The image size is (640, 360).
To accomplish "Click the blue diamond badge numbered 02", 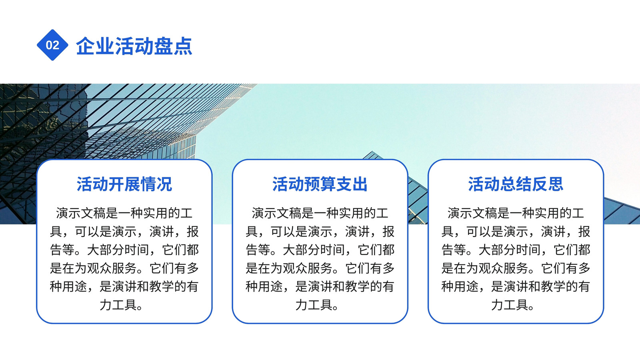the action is pyautogui.click(x=52, y=45).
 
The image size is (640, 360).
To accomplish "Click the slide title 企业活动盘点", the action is pyautogui.click(x=134, y=46).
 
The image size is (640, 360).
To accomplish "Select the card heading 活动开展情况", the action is pyautogui.click(x=124, y=184).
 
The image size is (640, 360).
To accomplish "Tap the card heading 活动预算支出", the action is pyautogui.click(x=320, y=184).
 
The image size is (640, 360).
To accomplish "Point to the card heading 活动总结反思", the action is pyautogui.click(x=516, y=184).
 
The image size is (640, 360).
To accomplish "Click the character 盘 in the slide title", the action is pyautogui.click(x=163, y=46).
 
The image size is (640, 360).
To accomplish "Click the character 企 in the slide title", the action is pyautogui.click(x=85, y=46).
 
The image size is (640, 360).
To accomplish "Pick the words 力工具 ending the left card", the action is pyautogui.click(x=118, y=305).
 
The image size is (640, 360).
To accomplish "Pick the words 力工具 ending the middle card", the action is pyautogui.click(x=314, y=305).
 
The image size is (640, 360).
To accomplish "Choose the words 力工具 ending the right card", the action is pyautogui.click(x=510, y=305).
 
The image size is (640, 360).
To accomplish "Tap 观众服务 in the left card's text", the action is pyautogui.click(x=112, y=268).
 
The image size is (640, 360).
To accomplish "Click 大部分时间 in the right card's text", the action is pyautogui.click(x=510, y=250).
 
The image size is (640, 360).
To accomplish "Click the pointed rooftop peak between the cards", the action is pyautogui.click(x=372, y=152).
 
